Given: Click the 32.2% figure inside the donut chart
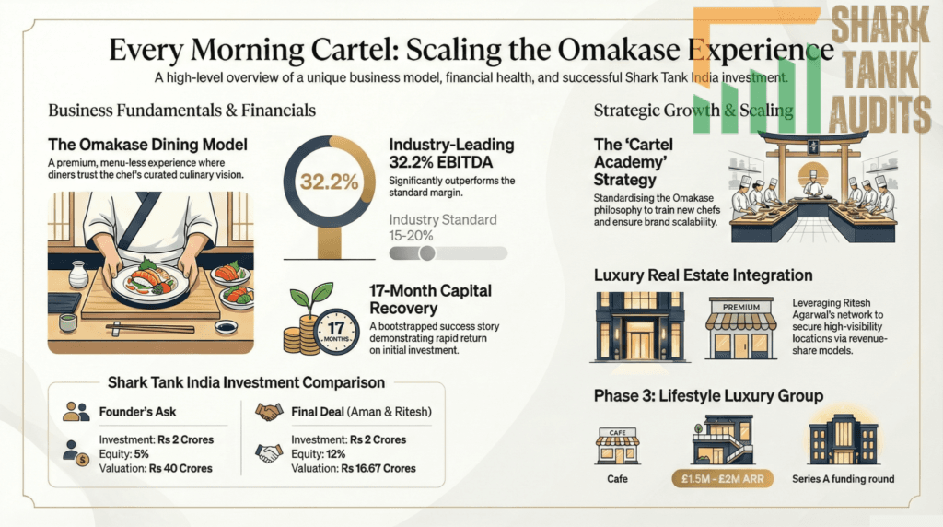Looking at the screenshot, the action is [329, 182].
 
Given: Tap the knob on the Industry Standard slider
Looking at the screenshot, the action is [427, 252].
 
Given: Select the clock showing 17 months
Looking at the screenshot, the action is [335, 331].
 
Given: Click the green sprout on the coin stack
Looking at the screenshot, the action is [310, 296].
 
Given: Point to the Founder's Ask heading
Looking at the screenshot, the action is [137, 412].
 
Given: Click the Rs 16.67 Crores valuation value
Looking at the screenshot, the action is [378, 469].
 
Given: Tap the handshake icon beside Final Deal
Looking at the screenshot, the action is [269, 412].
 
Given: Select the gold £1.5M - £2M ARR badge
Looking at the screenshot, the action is [722, 479].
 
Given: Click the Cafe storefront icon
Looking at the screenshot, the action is [618, 447].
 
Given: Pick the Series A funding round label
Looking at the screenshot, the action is [843, 479].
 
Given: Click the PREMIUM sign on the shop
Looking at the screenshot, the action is [741, 307].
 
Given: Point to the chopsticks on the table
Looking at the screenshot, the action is [150, 329].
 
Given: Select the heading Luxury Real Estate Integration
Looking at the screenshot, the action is [703, 275].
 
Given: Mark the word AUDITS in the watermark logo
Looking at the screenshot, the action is [879, 114].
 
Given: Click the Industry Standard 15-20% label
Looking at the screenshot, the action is [443, 228].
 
